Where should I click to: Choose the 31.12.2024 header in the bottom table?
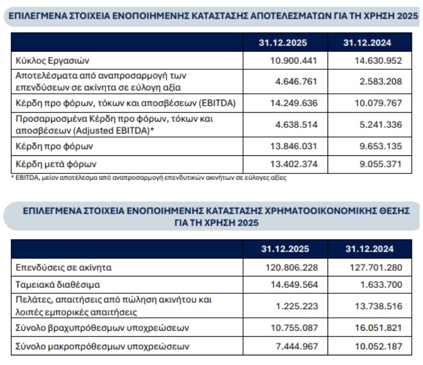tap(370, 249)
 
